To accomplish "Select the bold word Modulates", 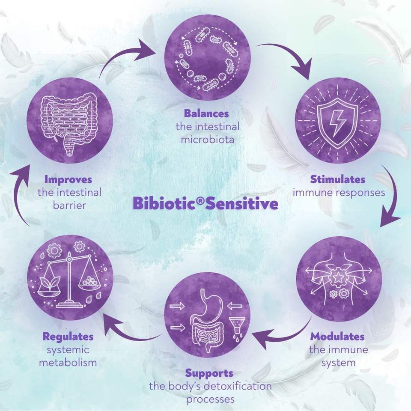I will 338,337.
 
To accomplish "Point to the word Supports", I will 209,373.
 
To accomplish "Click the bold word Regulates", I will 68,337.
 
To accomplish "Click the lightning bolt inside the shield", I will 338,122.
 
